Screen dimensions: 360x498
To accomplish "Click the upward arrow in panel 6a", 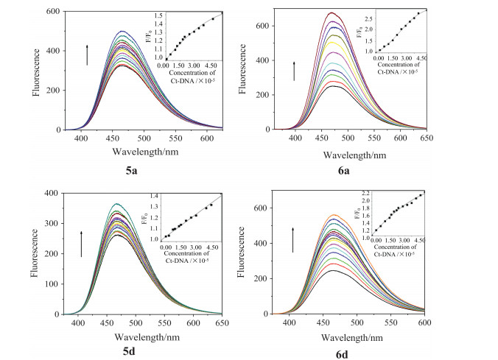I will click(x=293, y=71).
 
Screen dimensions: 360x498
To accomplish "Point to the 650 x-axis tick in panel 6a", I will click(x=479, y=138).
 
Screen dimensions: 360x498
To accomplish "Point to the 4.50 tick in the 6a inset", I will click(x=421, y=57).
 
